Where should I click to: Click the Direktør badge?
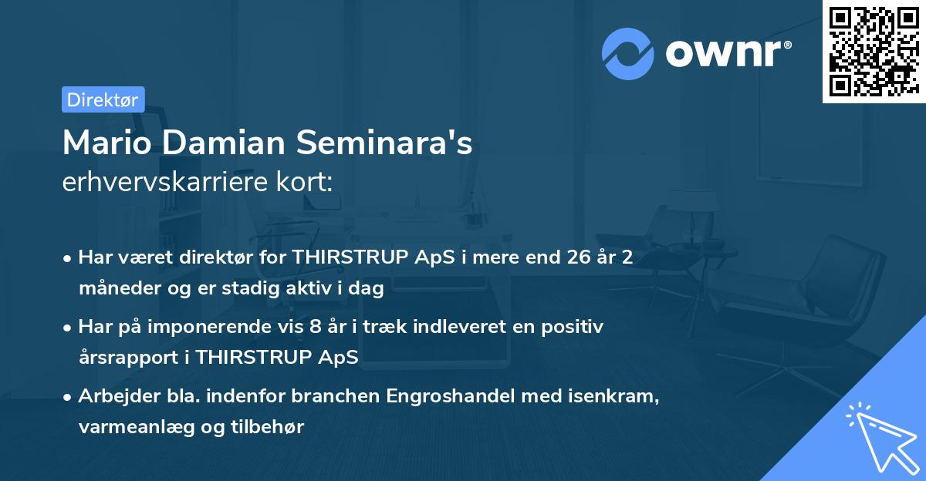(x=103, y=99)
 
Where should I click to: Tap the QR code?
(x=874, y=51)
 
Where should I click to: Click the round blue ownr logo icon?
(x=628, y=53)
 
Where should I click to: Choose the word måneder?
(x=116, y=289)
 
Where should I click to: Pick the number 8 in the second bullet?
(x=314, y=327)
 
